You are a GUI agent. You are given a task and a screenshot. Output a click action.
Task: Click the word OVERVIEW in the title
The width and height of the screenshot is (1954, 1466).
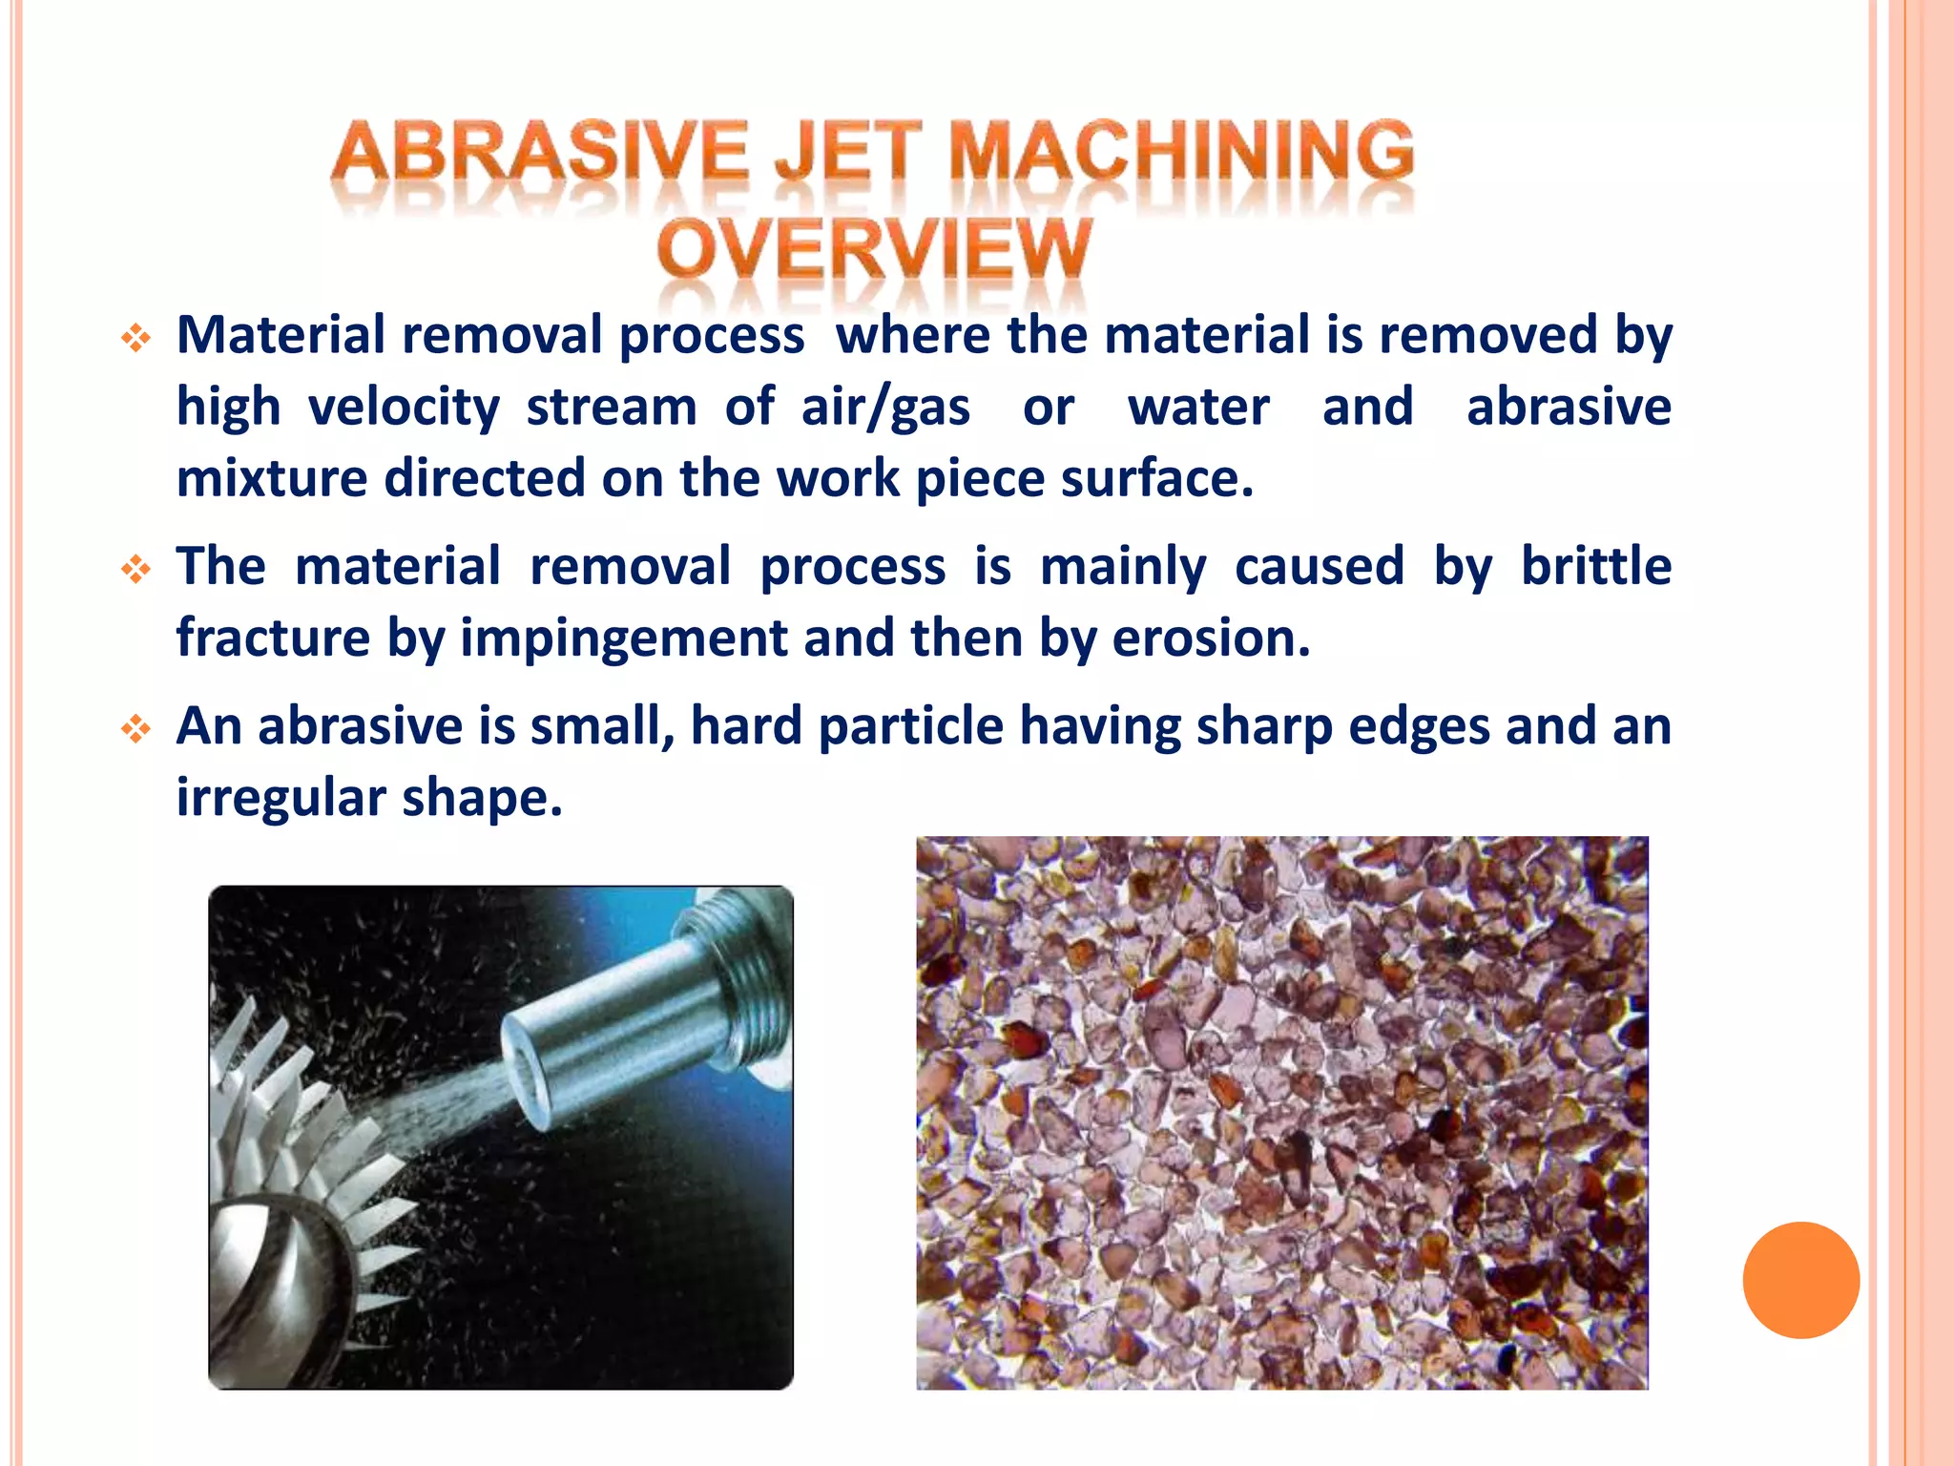873,249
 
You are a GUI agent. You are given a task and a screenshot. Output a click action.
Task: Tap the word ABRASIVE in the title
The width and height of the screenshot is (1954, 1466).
539,153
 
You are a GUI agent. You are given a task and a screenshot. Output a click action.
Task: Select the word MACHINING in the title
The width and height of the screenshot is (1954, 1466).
1181,153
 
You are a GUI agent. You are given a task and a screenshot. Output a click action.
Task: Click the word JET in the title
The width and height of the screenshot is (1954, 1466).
848,153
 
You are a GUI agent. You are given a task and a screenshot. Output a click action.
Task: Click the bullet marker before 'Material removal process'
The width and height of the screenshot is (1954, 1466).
136,338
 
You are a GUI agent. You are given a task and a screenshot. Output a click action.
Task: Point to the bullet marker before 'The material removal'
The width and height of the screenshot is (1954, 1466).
136,570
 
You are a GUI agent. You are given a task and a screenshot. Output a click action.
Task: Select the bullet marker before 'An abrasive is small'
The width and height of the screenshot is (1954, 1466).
136,730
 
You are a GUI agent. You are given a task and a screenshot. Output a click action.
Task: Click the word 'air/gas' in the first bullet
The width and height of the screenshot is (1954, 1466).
885,408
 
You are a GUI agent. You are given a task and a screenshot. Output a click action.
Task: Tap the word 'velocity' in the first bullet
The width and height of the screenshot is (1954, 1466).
404,408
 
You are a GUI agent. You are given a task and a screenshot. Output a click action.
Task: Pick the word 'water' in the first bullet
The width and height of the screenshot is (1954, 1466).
1198,408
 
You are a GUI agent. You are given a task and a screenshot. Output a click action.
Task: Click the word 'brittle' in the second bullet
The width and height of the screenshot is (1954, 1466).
1595,566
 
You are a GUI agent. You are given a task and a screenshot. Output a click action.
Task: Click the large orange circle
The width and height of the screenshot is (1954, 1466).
1800,1280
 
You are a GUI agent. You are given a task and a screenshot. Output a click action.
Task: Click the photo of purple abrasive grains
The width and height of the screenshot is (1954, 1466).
1281,1112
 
